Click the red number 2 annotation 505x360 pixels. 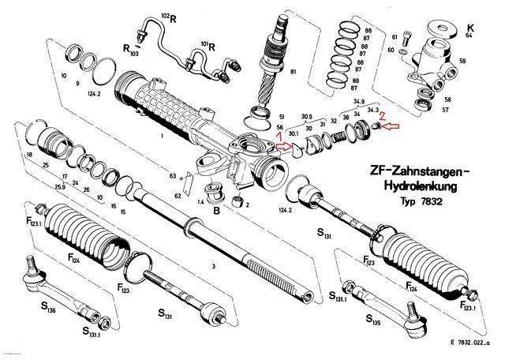click(x=382, y=115)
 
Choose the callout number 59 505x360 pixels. click(x=463, y=60)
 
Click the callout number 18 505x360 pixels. click(x=29, y=156)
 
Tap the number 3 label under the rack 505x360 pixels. click(x=213, y=267)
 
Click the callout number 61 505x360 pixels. click(x=395, y=36)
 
